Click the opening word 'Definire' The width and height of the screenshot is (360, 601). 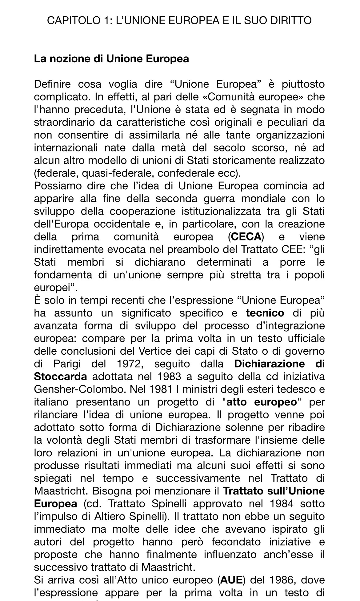(52, 84)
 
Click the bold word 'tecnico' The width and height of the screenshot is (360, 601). (265, 313)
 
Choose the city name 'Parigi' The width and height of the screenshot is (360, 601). (67, 364)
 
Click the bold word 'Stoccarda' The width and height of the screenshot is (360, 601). (60, 377)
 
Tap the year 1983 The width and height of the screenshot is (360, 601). (170, 377)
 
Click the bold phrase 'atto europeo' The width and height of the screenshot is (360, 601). (262, 402)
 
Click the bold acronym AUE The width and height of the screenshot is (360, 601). (231, 580)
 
